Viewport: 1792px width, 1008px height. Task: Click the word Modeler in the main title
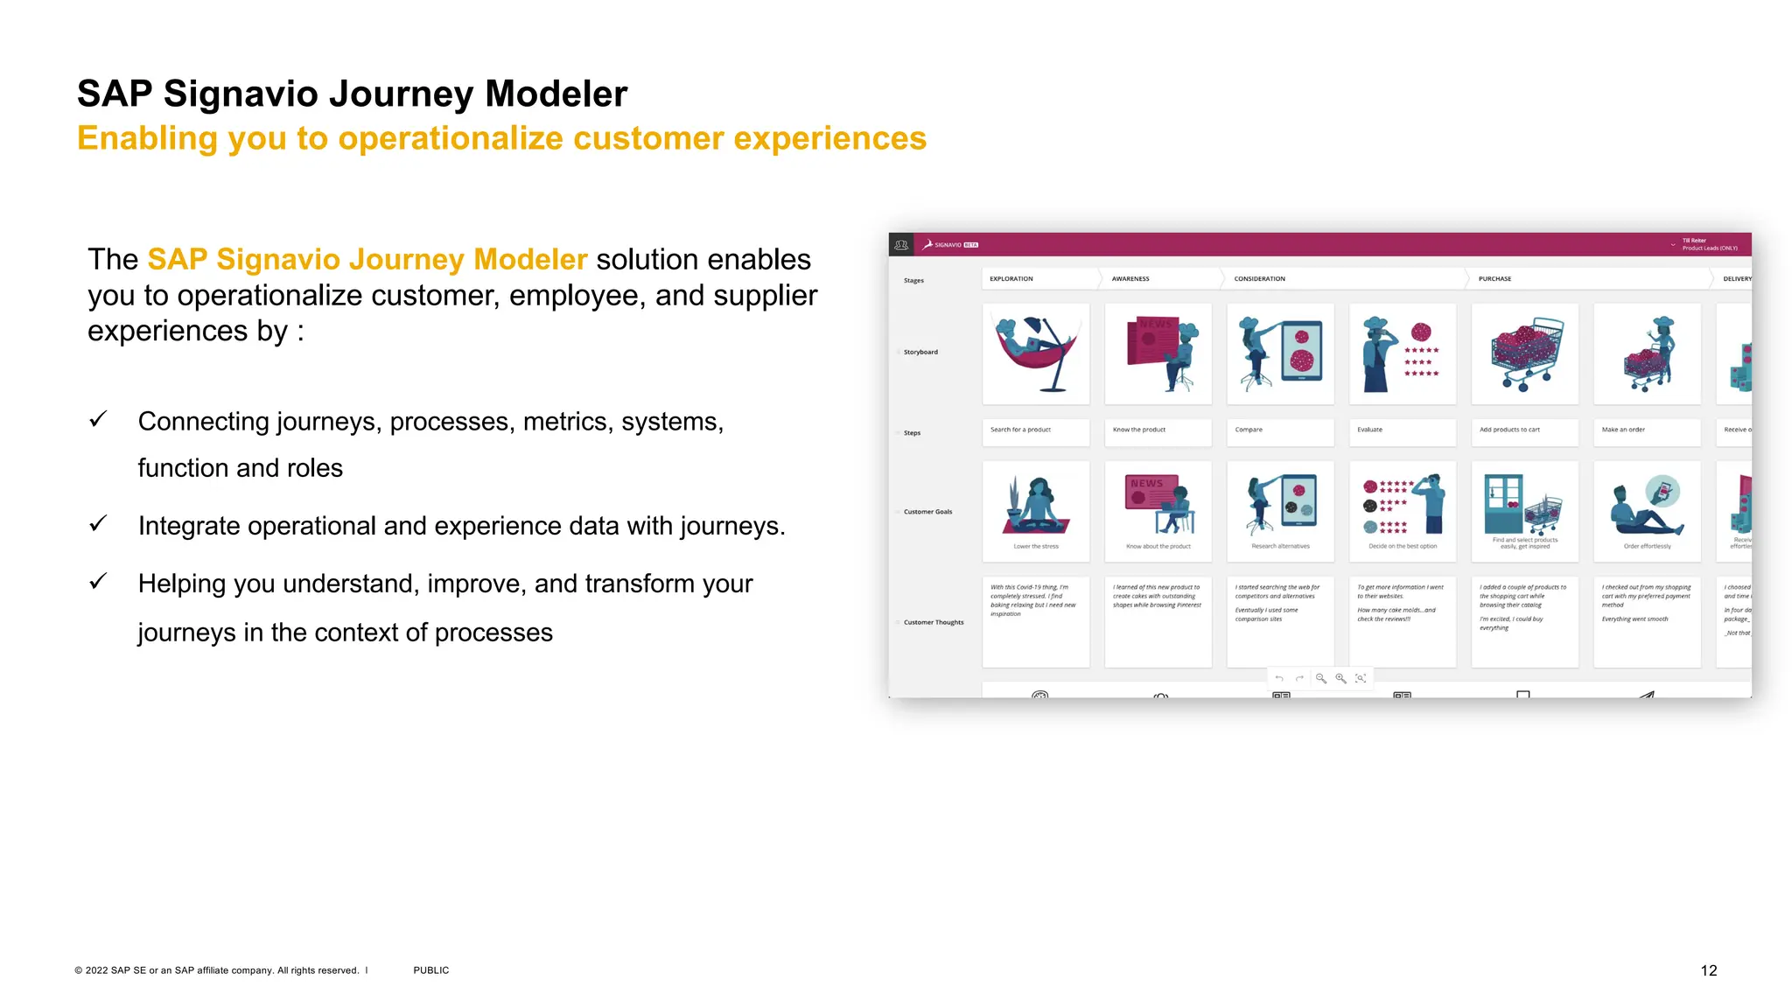point(556,94)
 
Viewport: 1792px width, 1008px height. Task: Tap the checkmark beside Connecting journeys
point(98,420)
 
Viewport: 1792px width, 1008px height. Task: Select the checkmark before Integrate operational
point(98,524)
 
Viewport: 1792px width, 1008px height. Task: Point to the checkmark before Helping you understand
point(98,582)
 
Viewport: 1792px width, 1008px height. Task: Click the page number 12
point(1708,970)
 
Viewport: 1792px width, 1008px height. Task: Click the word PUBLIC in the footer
point(430,970)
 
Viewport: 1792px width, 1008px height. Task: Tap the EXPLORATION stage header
point(1011,279)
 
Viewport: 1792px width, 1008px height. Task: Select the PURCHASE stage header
point(1494,279)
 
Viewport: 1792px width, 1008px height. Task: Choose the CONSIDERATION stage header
point(1259,279)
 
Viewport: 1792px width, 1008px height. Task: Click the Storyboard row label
point(920,353)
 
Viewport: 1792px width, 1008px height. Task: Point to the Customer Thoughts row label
point(933,623)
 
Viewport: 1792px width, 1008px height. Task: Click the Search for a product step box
point(1035,430)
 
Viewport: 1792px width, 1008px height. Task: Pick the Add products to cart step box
point(1524,430)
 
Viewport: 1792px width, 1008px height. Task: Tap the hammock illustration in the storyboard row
point(1036,353)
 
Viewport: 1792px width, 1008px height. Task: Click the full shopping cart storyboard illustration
point(1525,353)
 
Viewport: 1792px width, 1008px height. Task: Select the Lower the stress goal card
point(1036,511)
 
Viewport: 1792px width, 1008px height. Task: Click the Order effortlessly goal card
point(1647,511)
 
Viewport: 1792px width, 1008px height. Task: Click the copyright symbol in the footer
point(79,970)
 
